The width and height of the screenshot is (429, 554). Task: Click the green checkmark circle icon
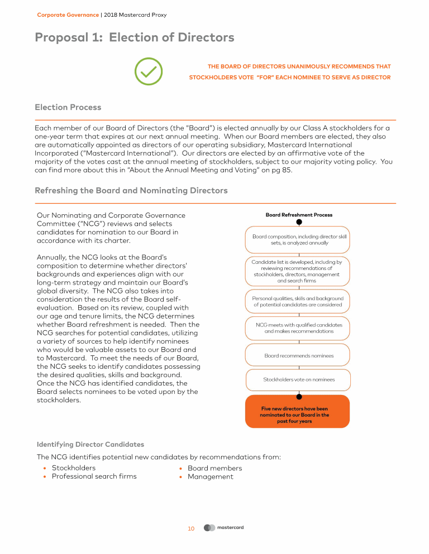point(149,71)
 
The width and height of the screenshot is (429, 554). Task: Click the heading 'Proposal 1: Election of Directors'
point(134,38)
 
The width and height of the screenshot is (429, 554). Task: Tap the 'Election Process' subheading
point(68,107)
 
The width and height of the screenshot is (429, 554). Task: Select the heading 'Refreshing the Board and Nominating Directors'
point(131,190)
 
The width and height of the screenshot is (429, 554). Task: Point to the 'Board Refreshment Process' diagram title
point(299,215)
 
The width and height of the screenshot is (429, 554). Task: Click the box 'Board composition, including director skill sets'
point(299,240)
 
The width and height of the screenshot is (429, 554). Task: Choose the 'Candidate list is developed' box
point(297,271)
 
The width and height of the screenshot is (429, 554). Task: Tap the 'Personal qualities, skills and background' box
point(298,301)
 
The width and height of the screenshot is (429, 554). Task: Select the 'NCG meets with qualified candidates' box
point(299,328)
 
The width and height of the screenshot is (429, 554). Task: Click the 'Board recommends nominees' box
point(299,355)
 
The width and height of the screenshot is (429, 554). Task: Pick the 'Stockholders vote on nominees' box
point(299,380)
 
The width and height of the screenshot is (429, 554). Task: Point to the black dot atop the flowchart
point(299,221)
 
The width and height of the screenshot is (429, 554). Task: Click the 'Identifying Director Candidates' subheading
point(90,445)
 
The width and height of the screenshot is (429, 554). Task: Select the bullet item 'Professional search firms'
point(94,476)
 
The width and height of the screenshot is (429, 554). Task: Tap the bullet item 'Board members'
point(214,468)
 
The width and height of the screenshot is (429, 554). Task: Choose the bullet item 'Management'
point(210,476)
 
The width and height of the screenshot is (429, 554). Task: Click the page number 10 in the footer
point(191,528)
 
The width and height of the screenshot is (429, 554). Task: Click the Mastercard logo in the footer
point(223,528)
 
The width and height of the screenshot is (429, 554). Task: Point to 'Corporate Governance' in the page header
point(68,15)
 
